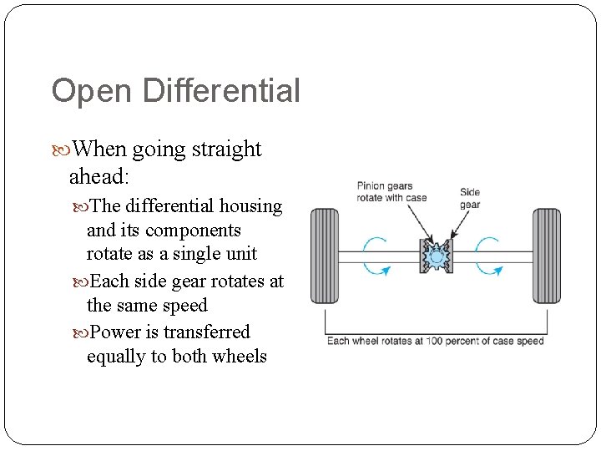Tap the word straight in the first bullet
[x=227, y=149]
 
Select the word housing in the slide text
[x=250, y=205]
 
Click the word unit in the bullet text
[x=239, y=254]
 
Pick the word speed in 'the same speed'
[x=186, y=306]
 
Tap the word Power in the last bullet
[x=116, y=332]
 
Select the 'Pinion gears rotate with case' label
[x=391, y=192]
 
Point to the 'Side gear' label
[x=470, y=198]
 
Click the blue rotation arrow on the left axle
[x=377, y=255]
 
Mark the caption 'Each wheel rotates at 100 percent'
[x=435, y=341]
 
